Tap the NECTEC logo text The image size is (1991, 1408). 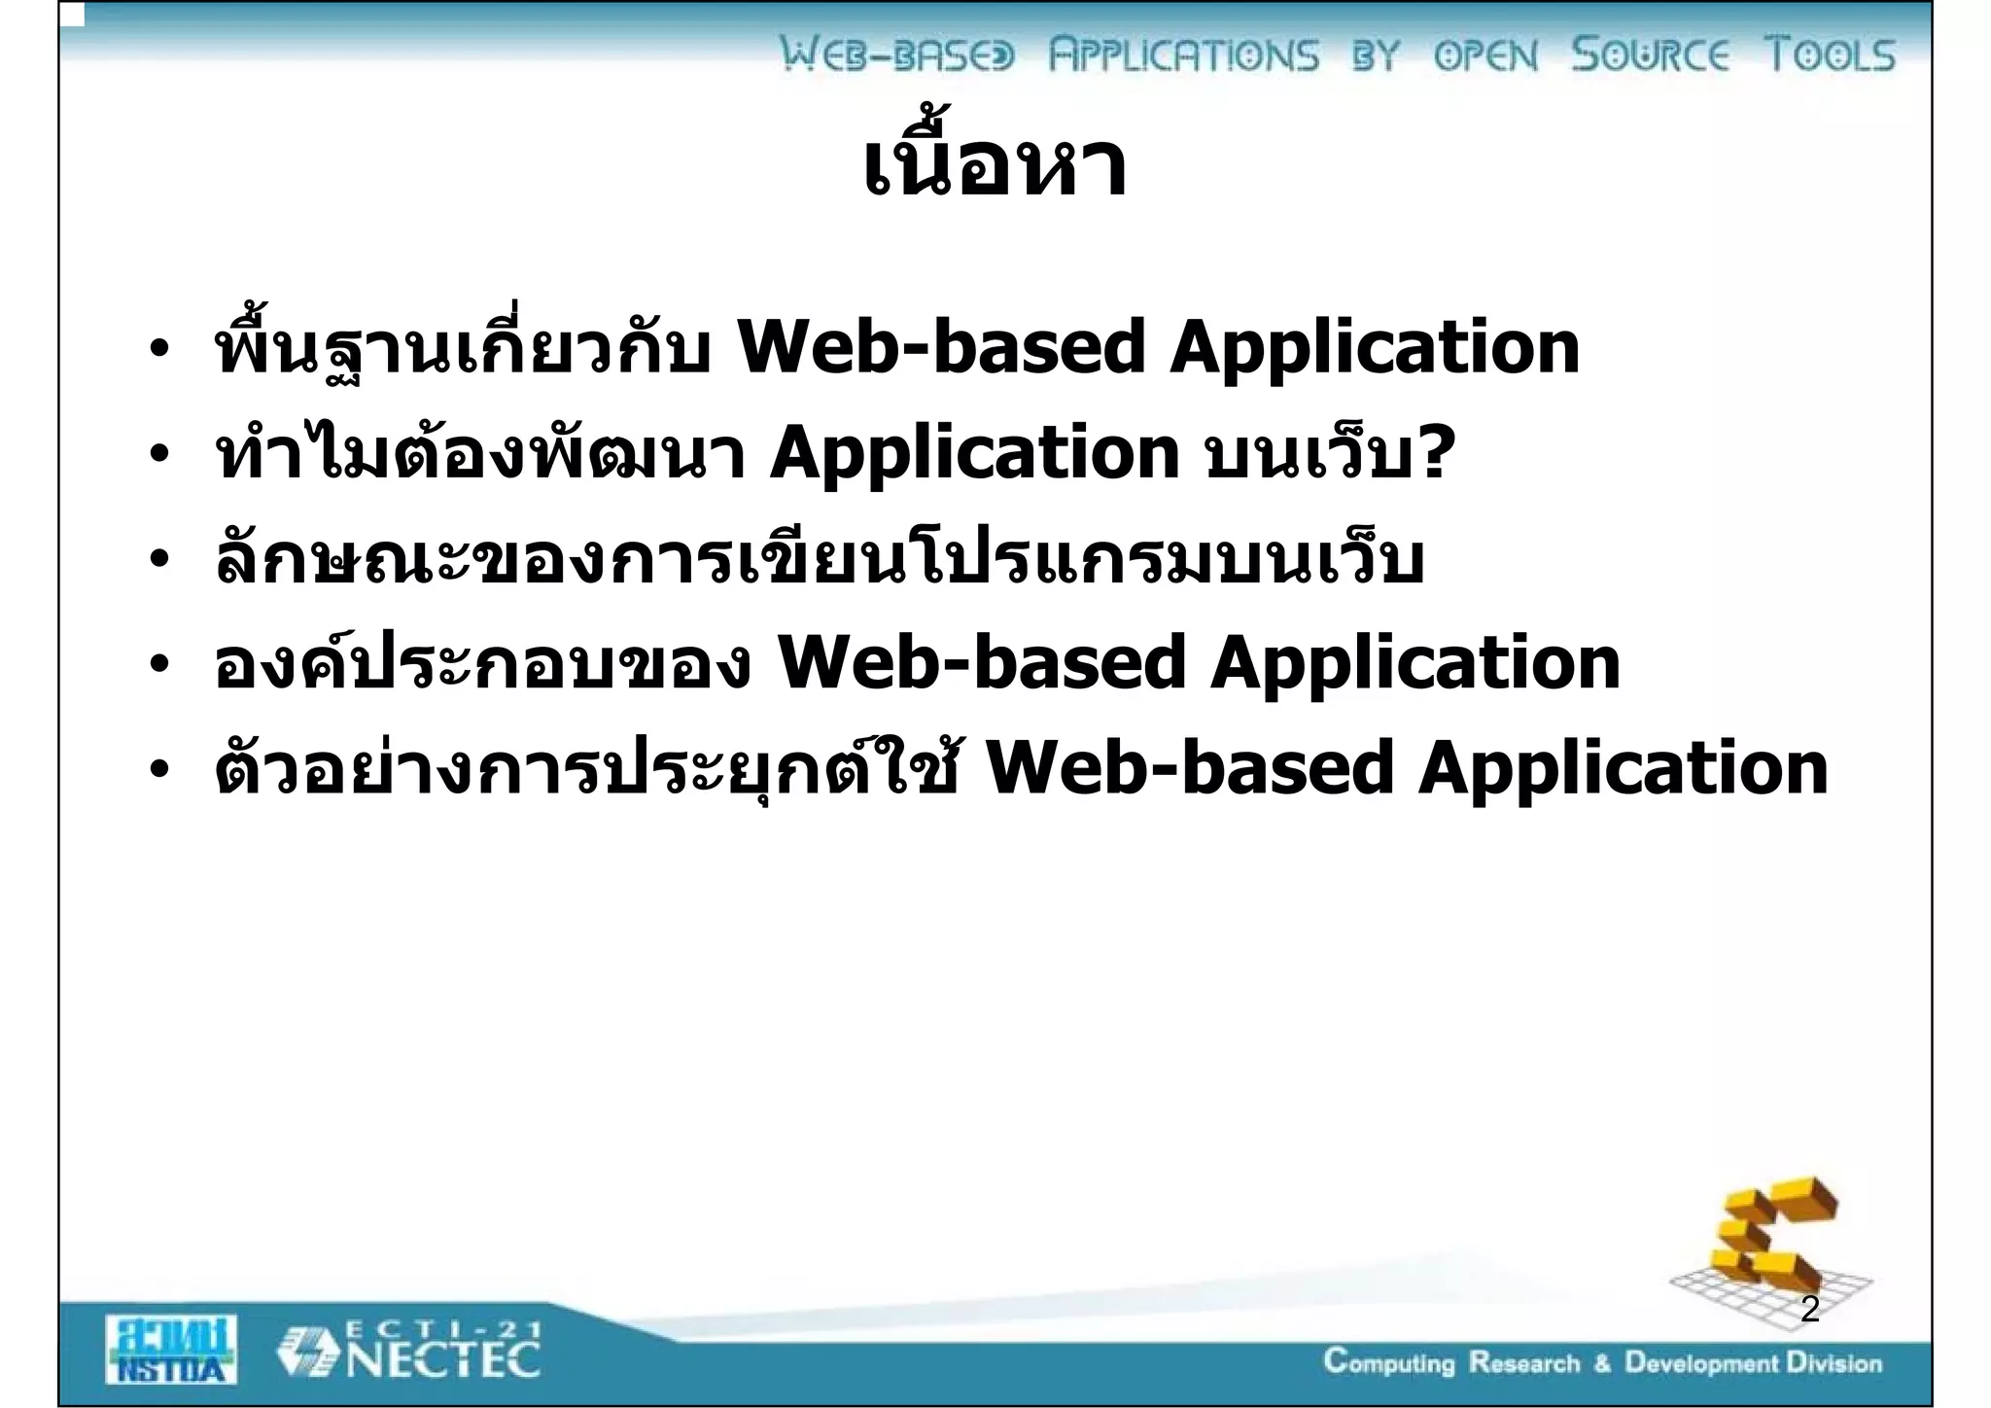[x=443, y=1359]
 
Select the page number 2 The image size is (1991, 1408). [x=1809, y=1310]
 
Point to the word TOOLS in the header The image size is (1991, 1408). [x=1830, y=54]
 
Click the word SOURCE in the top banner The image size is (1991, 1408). [x=1650, y=54]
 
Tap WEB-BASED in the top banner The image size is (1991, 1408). [x=896, y=54]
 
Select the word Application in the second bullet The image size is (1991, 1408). [x=974, y=453]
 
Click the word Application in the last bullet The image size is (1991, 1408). [x=1623, y=768]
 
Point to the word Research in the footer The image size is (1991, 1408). [x=1523, y=1363]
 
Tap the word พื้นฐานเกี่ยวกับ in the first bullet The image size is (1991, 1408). [x=463, y=348]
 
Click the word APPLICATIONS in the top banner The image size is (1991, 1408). [x=1183, y=54]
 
